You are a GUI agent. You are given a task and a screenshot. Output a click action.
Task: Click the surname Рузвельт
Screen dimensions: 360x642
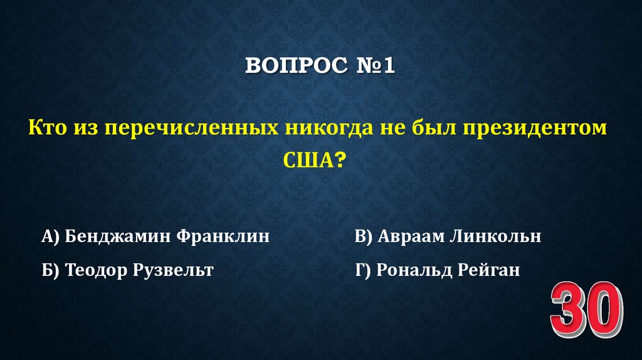(174, 270)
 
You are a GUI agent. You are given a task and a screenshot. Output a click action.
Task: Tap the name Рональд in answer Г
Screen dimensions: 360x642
(412, 270)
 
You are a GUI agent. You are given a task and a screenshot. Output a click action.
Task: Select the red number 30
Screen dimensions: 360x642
(587, 312)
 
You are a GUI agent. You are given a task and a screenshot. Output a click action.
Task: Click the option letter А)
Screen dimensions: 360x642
(51, 236)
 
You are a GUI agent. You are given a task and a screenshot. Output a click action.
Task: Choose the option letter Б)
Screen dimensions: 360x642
(51, 270)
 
